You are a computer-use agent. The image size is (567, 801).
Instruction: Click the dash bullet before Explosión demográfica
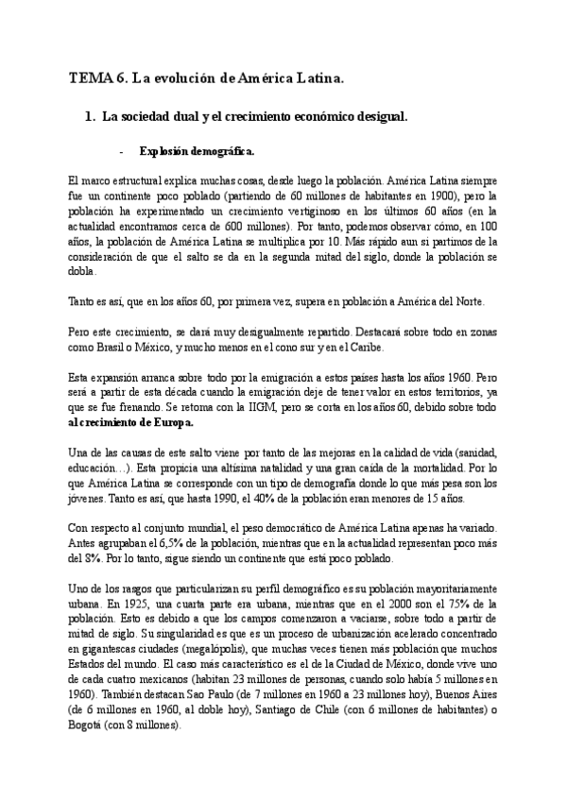[122, 150]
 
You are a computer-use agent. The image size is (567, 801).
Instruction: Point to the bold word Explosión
[163, 150]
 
